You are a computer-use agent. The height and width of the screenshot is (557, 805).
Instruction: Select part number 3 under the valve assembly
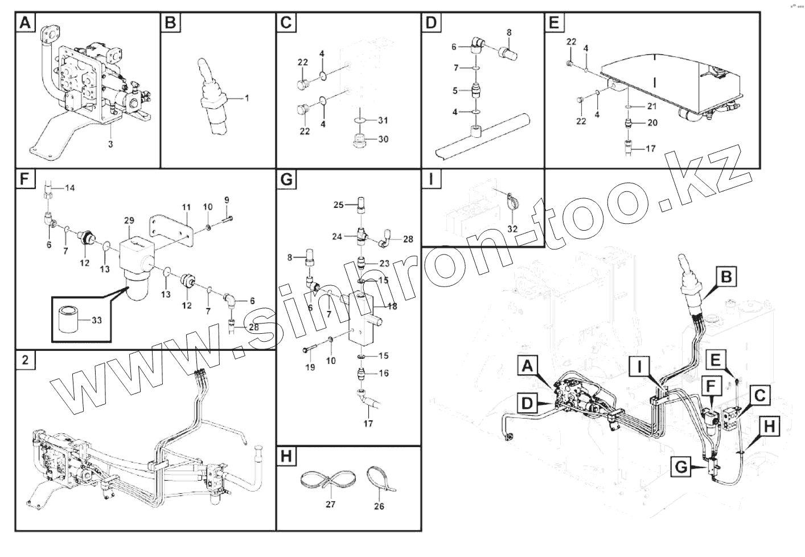pos(110,144)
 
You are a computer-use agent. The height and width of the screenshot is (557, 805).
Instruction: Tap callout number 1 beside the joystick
pos(247,98)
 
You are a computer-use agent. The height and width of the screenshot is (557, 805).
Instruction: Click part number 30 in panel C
pos(383,139)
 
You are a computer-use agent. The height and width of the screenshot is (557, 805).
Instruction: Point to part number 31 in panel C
pos(383,120)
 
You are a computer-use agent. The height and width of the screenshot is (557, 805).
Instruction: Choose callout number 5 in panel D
pos(455,90)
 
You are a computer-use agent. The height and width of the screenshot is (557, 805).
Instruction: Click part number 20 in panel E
pos(652,122)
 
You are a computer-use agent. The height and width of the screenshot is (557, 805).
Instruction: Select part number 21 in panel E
pos(652,107)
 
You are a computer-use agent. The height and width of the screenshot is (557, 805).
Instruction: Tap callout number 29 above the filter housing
pos(129,220)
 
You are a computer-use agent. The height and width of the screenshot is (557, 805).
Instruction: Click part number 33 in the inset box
pos(96,321)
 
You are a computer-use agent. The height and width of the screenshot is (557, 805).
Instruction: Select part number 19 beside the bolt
pos(310,367)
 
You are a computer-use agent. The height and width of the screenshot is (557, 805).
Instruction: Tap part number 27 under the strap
pos(330,504)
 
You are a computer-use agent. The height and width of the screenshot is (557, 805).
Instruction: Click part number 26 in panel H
pos(380,506)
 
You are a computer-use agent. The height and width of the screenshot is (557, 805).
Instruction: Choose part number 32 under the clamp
pos(512,229)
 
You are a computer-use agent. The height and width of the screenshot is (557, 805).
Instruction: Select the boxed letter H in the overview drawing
pos(769,427)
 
